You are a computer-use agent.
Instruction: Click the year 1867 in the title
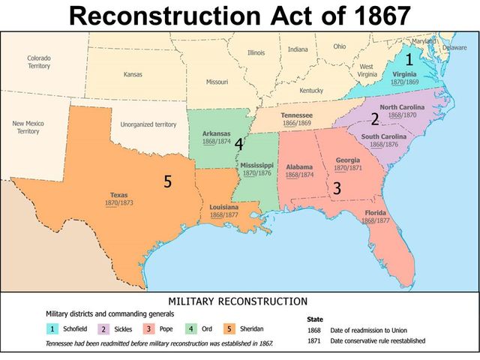[x=374, y=16]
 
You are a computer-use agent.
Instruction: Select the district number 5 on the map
[x=168, y=181]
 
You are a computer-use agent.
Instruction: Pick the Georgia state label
[x=347, y=160]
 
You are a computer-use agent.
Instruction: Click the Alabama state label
[x=299, y=166]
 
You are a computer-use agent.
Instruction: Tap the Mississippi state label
[x=256, y=164]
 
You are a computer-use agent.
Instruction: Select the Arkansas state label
[x=216, y=133]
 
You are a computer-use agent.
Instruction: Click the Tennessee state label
[x=296, y=115]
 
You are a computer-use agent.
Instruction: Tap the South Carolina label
[x=384, y=136]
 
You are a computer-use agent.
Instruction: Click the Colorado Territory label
[x=39, y=62]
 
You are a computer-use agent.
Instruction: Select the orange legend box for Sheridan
[x=229, y=328]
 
